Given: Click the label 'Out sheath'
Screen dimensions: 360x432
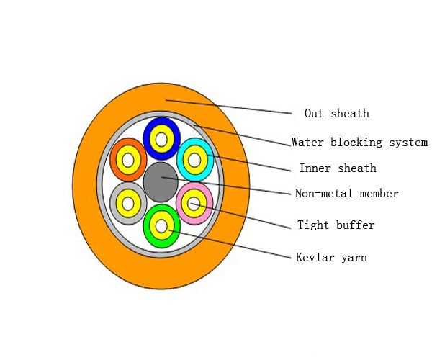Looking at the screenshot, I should pyautogui.click(x=336, y=114).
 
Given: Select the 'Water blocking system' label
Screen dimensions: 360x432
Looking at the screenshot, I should pyautogui.click(x=359, y=143).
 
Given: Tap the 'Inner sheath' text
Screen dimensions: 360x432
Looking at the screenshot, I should pyautogui.click(x=338, y=168).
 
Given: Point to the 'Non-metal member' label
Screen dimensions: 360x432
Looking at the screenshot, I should pyautogui.click(x=346, y=194).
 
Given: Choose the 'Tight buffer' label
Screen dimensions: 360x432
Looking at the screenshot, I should pyautogui.click(x=336, y=225).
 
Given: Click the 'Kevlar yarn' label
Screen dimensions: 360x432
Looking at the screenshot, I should pyautogui.click(x=331, y=258).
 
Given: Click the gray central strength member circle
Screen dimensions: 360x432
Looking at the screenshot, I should pyautogui.click(x=161, y=182).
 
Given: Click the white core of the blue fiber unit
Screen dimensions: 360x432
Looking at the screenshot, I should pyautogui.click(x=161, y=138).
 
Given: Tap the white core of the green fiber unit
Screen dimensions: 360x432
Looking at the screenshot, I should pyautogui.click(x=161, y=226).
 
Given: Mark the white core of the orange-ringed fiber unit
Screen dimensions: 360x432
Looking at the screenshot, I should pyautogui.click(x=128, y=160).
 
